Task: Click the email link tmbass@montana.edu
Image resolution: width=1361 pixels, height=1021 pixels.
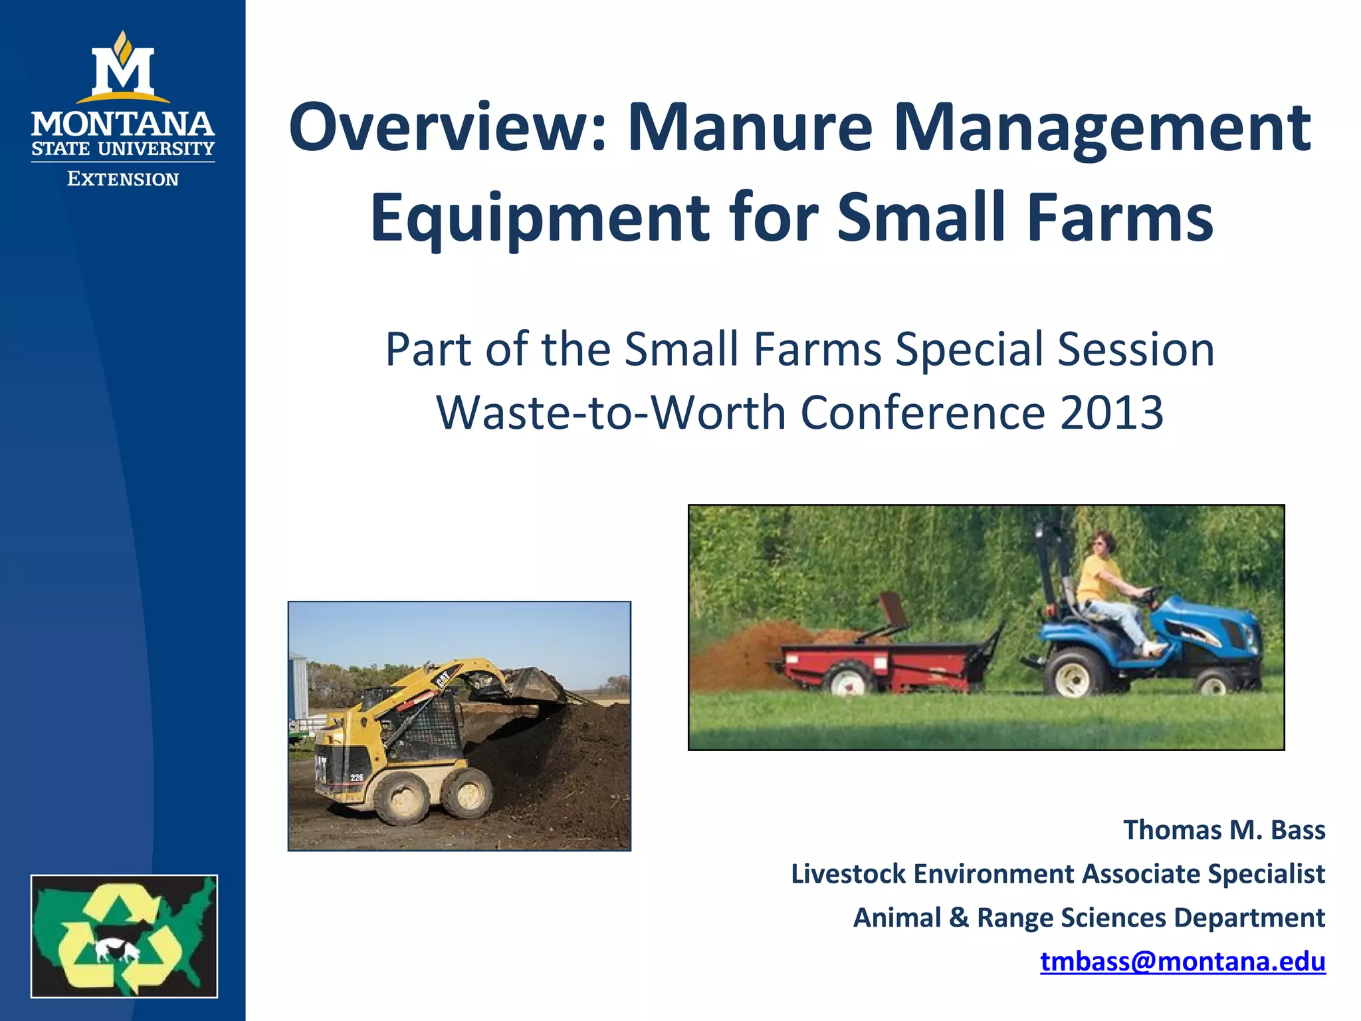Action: click(1182, 961)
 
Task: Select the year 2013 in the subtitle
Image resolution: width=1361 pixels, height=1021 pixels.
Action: click(1111, 413)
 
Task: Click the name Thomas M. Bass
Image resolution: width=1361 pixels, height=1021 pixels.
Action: click(1223, 830)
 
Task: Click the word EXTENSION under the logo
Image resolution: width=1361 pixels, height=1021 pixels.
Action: click(123, 179)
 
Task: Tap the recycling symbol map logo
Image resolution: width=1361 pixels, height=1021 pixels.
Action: click(124, 936)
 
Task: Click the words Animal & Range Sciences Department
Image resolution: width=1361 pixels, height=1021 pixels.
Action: click(1089, 918)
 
